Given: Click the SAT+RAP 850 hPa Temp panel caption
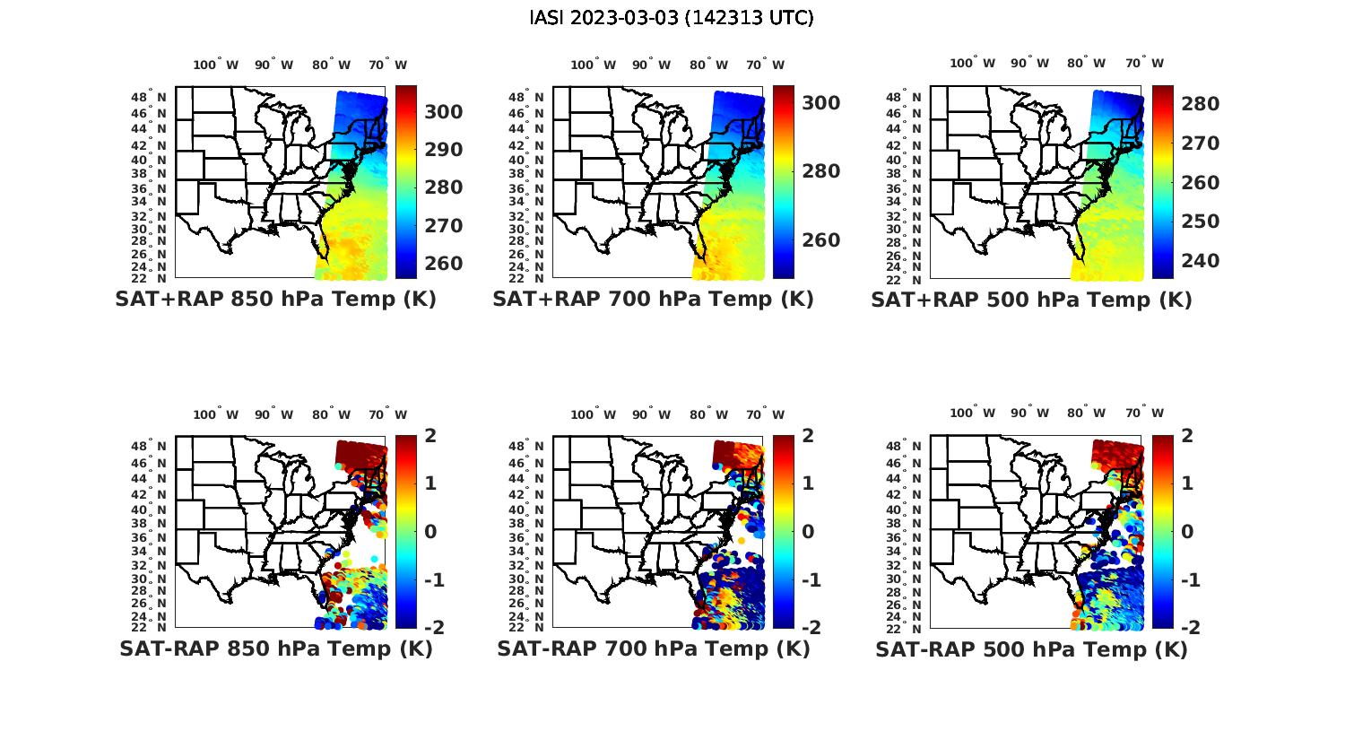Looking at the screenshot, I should tap(275, 299).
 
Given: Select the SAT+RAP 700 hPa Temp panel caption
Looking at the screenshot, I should tap(653, 299).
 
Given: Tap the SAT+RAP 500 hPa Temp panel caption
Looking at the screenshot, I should tap(1031, 300).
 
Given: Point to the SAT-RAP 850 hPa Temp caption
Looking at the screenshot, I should tap(276, 649).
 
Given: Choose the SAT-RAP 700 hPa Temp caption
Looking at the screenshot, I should tap(654, 649).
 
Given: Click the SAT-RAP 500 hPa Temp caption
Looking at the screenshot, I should tap(1031, 649).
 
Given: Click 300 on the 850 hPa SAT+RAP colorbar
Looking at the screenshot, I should tap(443, 111).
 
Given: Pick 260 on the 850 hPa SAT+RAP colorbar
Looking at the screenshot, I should tap(443, 264).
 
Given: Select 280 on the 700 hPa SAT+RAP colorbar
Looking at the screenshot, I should tap(820, 171).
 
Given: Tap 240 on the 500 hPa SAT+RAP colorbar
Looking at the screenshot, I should tap(1200, 261).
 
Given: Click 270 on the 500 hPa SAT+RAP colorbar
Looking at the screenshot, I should tap(1200, 144).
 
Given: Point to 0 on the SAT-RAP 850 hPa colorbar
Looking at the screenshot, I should tap(430, 531).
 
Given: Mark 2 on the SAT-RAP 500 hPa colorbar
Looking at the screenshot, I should tap(1187, 436).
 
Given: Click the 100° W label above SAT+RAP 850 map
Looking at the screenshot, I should tap(215, 65).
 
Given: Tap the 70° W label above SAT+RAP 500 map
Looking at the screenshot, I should tap(1144, 63).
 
